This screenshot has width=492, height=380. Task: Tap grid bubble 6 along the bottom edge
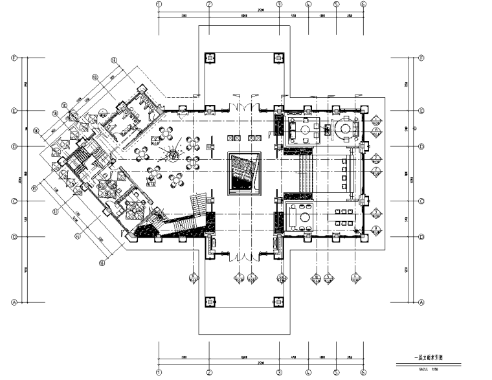tap(363, 374)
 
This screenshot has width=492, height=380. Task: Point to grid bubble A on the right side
tap(421, 302)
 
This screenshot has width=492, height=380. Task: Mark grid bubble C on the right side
tap(421, 201)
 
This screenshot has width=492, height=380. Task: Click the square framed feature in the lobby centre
tap(243, 173)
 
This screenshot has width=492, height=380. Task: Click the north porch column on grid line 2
tap(210, 57)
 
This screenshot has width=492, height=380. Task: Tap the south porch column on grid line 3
tap(278, 302)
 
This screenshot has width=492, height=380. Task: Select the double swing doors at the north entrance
tap(243, 106)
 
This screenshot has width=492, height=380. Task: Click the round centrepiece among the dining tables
tap(173, 156)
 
